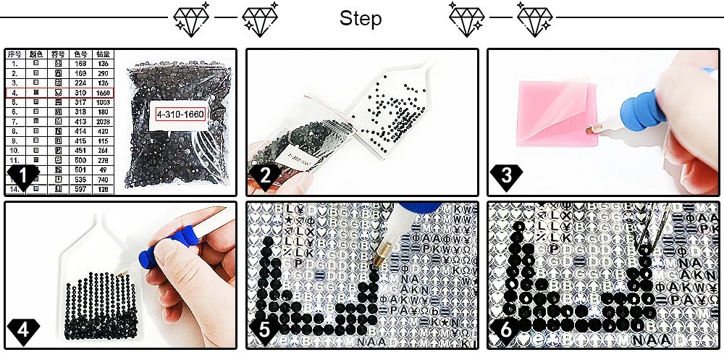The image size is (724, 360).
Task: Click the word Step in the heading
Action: point(361,18)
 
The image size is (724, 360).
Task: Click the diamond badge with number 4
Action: point(22,330)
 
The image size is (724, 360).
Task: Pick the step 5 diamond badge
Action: point(264,330)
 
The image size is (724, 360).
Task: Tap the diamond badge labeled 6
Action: point(505,330)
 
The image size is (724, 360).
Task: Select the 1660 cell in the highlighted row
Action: point(104,93)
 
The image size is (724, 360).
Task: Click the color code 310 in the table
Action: point(81,93)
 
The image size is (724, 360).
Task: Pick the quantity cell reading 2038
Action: point(104,120)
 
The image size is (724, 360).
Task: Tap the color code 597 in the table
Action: point(81,188)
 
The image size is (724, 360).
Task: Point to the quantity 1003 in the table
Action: point(104,103)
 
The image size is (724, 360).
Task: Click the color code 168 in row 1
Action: point(81,63)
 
